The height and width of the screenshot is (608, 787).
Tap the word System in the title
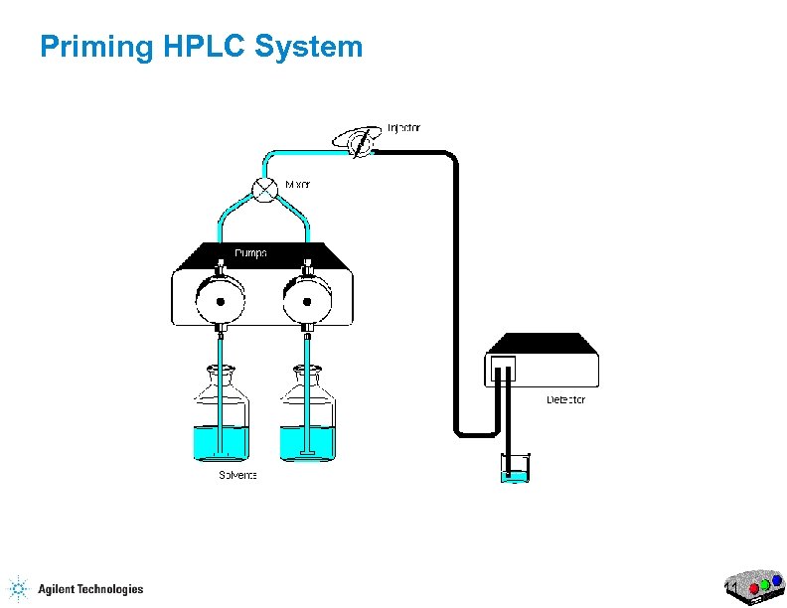(310, 47)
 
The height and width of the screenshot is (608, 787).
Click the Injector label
(403, 127)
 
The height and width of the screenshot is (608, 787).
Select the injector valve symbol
(359, 142)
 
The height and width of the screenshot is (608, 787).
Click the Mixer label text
(297, 185)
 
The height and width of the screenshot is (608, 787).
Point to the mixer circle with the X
(264, 189)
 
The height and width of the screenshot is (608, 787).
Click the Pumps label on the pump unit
(250, 253)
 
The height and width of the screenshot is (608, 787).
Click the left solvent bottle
(220, 417)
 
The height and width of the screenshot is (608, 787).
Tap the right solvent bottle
(307, 417)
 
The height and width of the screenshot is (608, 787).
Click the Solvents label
(238, 475)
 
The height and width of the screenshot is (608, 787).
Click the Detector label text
(566, 399)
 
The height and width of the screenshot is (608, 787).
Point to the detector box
(543, 362)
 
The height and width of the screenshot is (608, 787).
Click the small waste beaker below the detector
(515, 468)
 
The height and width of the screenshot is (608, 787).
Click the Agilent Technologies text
(90, 589)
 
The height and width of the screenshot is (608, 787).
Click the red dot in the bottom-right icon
(753, 589)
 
